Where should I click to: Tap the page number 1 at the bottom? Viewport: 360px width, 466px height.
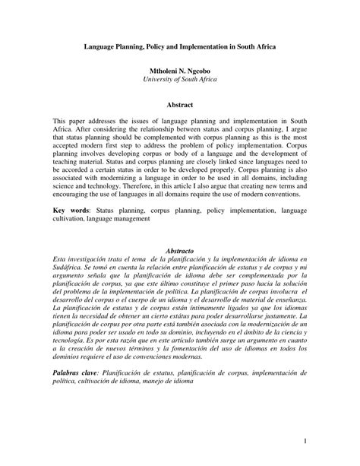304,441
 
